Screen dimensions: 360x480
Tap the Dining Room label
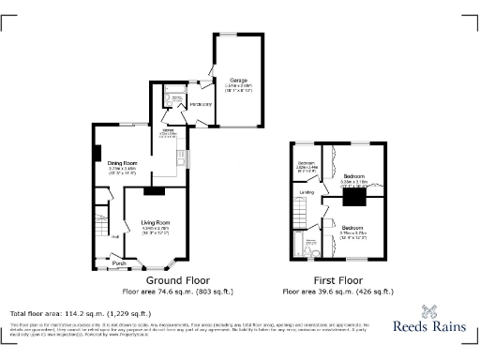click(x=123, y=162)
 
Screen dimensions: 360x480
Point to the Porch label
click(x=119, y=263)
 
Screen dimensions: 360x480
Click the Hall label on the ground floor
click(x=115, y=236)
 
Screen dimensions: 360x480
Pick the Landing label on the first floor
click(x=307, y=192)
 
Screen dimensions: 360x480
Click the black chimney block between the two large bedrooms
click(x=353, y=198)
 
